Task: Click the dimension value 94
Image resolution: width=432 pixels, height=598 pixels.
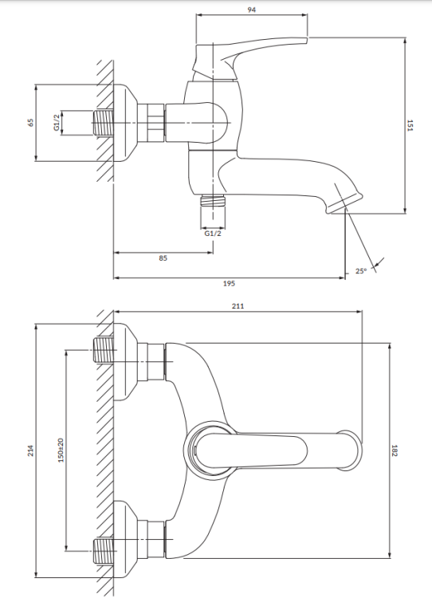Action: pyautogui.click(x=252, y=10)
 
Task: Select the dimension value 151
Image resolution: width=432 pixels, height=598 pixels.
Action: pyautogui.click(x=410, y=126)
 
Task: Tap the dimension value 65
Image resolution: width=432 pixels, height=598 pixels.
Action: pyautogui.click(x=31, y=123)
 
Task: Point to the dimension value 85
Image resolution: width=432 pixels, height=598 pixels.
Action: pyautogui.click(x=163, y=258)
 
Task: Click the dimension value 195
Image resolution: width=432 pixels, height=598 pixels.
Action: pyautogui.click(x=229, y=282)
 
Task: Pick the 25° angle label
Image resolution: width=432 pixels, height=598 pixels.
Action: pyautogui.click(x=361, y=271)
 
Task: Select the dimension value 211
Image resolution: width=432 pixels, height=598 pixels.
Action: pyautogui.click(x=238, y=306)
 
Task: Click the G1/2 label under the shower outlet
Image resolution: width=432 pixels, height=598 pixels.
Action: pyautogui.click(x=213, y=234)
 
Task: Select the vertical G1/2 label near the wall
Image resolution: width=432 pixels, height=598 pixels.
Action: pyautogui.click(x=57, y=124)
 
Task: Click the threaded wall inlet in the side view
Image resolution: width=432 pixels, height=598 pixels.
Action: pyautogui.click(x=104, y=123)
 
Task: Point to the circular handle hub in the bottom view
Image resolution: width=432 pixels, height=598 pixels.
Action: pyautogui.click(x=206, y=451)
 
